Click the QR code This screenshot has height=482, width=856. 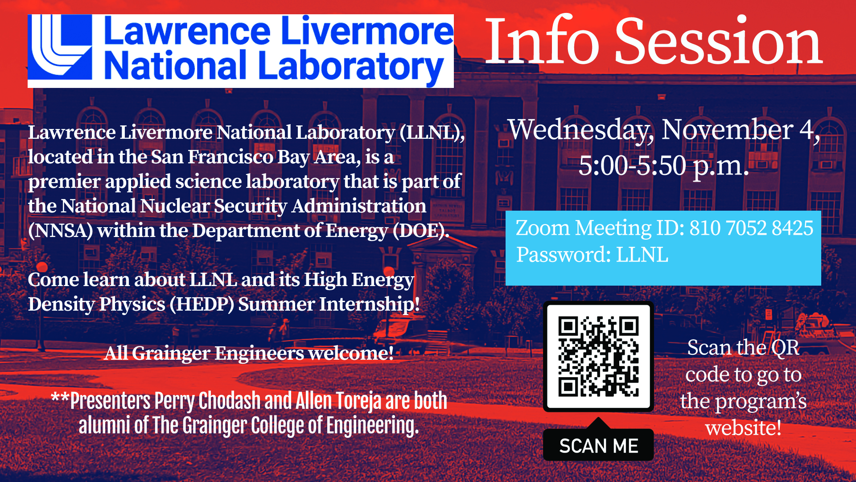pyautogui.click(x=598, y=357)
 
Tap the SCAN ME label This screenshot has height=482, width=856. pyautogui.click(x=599, y=446)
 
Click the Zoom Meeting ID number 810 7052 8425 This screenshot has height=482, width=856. pyautogui.click(x=751, y=228)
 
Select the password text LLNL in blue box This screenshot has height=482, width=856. pyautogui.click(x=642, y=255)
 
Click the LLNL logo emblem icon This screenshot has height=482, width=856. pyautogui.click(x=60, y=47)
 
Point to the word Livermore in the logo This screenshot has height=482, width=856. pyautogui.click(x=368, y=31)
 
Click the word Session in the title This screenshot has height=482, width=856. pyautogui.click(x=719, y=42)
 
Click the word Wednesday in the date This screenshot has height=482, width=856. pyautogui.click(x=581, y=130)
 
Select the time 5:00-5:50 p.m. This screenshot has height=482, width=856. pyautogui.click(x=664, y=166)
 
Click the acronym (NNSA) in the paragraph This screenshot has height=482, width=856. pyautogui.click(x=61, y=231)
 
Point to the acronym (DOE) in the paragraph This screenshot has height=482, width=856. pyautogui.click(x=421, y=231)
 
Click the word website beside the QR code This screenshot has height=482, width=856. pyautogui.click(x=743, y=428)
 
